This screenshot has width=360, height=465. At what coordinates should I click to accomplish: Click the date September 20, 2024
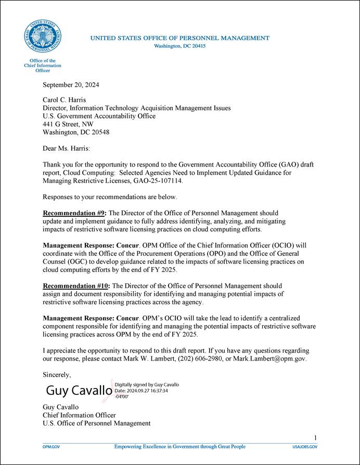[71, 85]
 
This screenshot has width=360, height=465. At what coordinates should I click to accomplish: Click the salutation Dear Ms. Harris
[66, 148]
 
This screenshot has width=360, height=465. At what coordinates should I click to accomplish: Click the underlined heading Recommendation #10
[76, 286]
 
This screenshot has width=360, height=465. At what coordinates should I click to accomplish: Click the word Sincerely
[57, 374]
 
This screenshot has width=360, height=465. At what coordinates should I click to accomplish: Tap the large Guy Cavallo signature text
[79, 390]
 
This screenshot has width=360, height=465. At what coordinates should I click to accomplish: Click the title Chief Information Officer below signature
[79, 415]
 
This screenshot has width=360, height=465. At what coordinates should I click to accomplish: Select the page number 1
[315, 437]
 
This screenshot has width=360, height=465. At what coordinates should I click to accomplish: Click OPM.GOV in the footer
[51, 447]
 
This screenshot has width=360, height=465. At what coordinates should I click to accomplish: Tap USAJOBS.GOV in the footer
[304, 447]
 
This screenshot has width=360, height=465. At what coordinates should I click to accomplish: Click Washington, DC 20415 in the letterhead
[180, 46]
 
